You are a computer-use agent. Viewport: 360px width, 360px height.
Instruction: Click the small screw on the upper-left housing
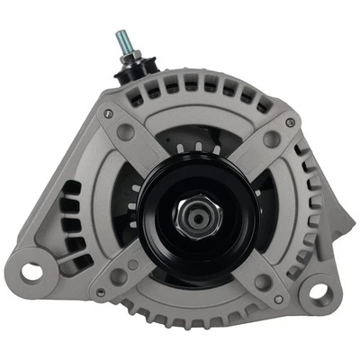[x=108, y=112]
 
